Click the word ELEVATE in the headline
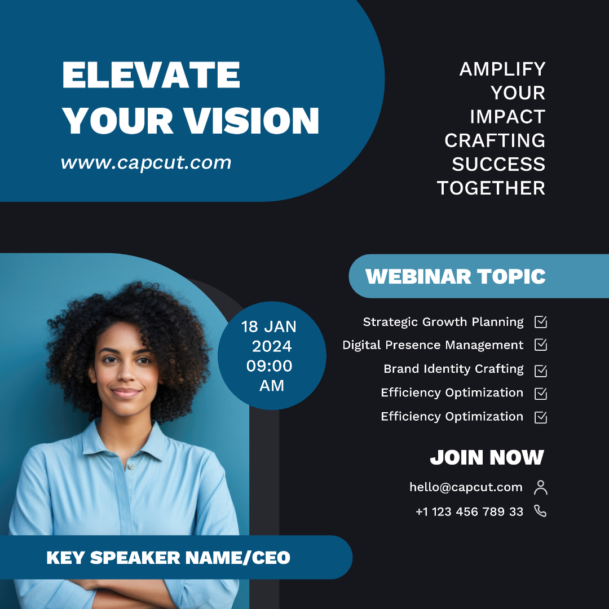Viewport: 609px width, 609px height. (151, 75)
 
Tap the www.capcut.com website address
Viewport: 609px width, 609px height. (146, 163)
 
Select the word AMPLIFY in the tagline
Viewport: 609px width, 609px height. (502, 69)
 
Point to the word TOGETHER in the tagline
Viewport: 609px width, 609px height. (491, 188)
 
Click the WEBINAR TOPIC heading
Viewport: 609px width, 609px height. (455, 276)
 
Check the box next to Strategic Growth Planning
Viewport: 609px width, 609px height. (541, 321)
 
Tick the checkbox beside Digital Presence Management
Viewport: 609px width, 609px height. (541, 345)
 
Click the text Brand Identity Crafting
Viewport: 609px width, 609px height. (453, 369)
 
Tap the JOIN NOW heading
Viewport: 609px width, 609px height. (487, 457)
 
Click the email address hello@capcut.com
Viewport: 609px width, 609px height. (466, 487)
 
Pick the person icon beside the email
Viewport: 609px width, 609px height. (541, 487)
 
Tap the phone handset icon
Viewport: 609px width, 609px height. (540, 511)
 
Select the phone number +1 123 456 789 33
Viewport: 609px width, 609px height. (470, 511)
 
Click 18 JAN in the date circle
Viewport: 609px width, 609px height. (269, 326)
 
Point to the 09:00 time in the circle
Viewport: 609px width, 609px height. (269, 366)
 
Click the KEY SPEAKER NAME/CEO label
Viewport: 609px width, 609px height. (168, 558)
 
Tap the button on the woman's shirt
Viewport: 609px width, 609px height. (131, 466)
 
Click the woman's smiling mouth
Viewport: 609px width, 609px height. (126, 392)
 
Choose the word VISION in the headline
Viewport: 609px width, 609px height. (251, 121)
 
